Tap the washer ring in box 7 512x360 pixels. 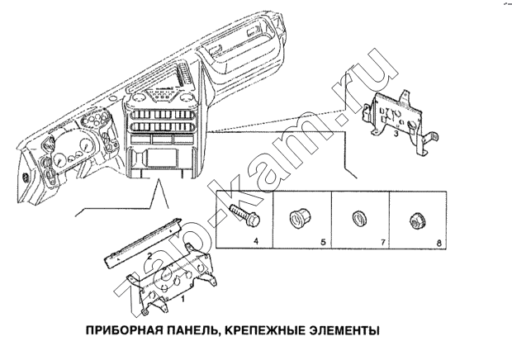[x=358, y=220]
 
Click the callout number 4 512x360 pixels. [x=257, y=242]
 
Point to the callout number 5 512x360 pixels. [x=323, y=242]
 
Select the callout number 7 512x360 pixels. [x=382, y=242]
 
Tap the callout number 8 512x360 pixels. [x=439, y=242]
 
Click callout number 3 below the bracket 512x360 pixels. [x=396, y=132]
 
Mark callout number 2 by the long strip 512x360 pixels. [x=149, y=257]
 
